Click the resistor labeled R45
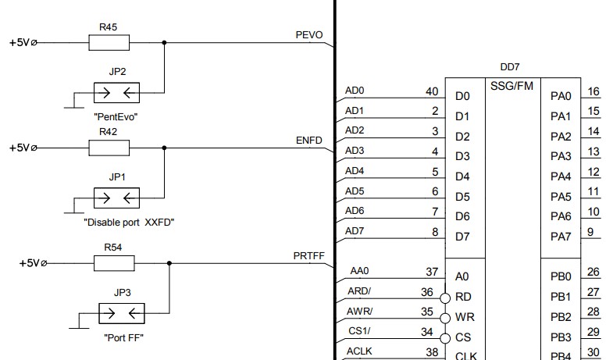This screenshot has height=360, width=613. [x=109, y=43]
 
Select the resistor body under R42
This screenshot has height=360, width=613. [x=109, y=148]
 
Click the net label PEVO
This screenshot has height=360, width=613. [x=309, y=35]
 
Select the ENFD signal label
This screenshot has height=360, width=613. [x=309, y=141]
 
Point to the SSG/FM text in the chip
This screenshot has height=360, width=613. [x=512, y=85]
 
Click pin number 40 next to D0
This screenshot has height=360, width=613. [x=431, y=91]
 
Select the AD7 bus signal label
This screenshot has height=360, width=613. [x=355, y=230]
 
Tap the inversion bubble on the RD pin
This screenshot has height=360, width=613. [x=445, y=298]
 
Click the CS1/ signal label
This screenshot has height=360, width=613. [x=358, y=332]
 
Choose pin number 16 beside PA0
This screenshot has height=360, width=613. [x=593, y=91]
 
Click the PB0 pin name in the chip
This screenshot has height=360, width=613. [x=561, y=276]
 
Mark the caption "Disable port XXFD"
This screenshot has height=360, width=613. [x=128, y=222]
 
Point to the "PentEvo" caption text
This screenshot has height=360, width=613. [x=116, y=116]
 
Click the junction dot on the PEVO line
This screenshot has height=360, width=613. [x=164, y=43]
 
